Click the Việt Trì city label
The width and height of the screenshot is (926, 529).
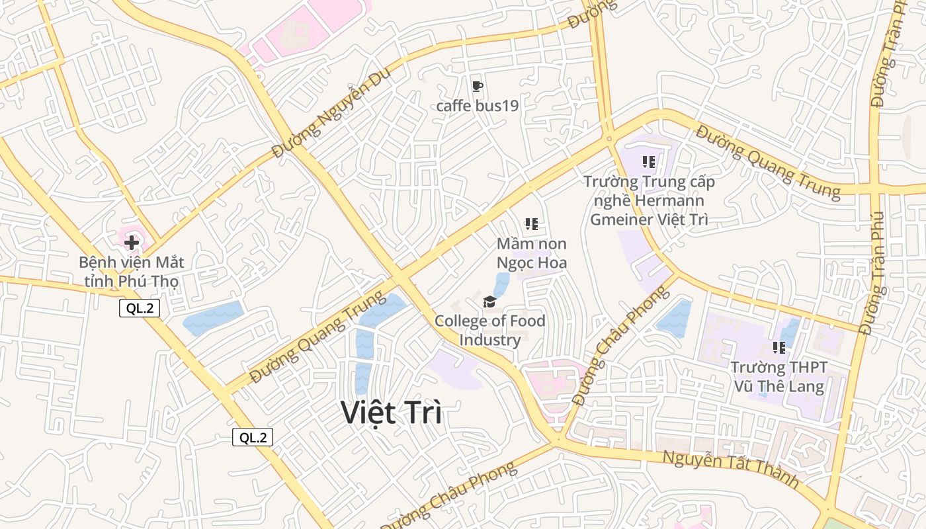click(x=392, y=413)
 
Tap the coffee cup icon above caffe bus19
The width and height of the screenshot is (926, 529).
click(x=477, y=87)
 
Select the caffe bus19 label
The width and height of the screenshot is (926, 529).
click(x=477, y=106)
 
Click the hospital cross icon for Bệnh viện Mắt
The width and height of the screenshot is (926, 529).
click(x=132, y=243)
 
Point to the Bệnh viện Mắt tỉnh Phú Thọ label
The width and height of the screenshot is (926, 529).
click(x=131, y=272)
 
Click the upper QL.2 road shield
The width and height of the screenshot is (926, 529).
click(x=140, y=308)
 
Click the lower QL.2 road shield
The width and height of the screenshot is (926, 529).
click(x=253, y=437)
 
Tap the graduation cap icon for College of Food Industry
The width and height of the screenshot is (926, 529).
click(x=489, y=302)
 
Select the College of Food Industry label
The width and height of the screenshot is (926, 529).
click(x=490, y=331)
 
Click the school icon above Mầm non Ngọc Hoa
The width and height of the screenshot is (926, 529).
click(x=531, y=225)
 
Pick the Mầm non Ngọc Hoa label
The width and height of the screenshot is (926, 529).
click(x=532, y=253)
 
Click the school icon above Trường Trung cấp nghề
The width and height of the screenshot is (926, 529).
click(x=648, y=161)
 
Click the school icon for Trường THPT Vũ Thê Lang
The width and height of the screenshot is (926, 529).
click(x=779, y=347)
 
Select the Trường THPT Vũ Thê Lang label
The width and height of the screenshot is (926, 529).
click(x=779, y=377)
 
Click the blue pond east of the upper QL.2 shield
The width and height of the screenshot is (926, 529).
click(x=213, y=318)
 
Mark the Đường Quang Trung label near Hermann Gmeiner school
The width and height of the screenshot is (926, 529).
click(x=767, y=162)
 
